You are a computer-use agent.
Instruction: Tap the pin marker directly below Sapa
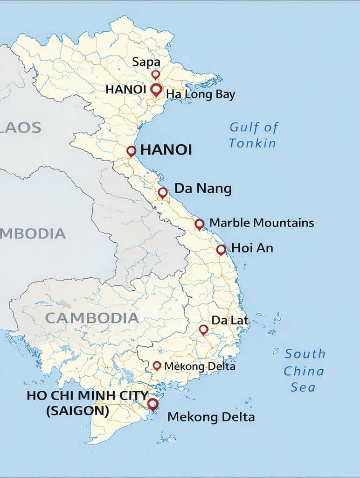(x=156, y=75)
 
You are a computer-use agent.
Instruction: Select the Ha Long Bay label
(x=201, y=95)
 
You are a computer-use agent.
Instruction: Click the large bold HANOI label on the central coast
(x=166, y=150)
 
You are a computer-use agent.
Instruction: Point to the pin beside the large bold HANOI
(x=132, y=151)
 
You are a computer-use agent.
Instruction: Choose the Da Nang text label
(x=203, y=189)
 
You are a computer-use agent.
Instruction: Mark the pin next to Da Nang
(x=163, y=192)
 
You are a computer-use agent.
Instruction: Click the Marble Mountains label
(x=262, y=223)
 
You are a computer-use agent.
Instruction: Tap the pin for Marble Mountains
(x=200, y=224)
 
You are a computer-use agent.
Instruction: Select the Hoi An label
(x=252, y=248)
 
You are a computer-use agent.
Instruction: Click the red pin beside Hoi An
(x=221, y=250)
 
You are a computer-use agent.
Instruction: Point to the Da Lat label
(x=230, y=320)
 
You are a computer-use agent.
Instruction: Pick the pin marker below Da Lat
(x=203, y=330)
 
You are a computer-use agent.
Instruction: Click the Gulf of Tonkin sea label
(x=253, y=135)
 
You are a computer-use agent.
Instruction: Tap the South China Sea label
(x=304, y=371)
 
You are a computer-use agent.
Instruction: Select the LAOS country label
(x=21, y=127)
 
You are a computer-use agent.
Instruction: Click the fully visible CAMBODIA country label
(x=92, y=318)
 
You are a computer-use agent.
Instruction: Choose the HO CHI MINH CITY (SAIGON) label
(x=87, y=402)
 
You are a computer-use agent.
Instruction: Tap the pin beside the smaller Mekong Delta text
(x=157, y=366)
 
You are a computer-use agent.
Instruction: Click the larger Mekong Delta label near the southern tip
(x=211, y=417)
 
